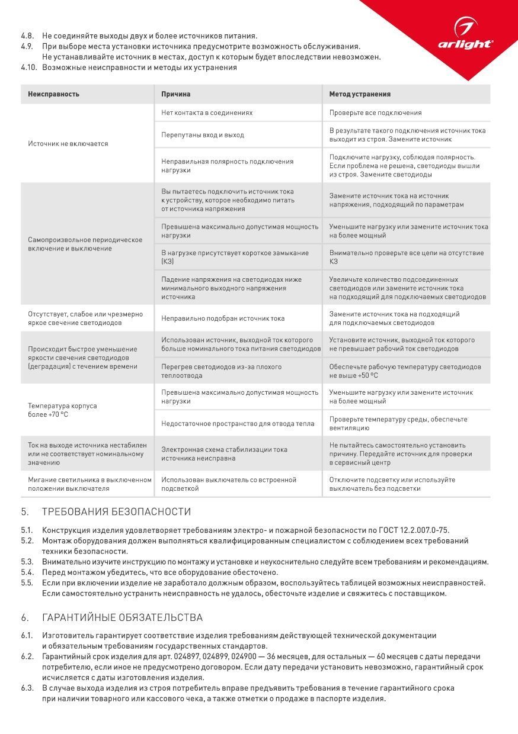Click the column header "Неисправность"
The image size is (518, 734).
click(x=53, y=94)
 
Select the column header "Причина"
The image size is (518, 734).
click(x=175, y=94)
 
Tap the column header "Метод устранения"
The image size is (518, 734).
click(x=360, y=94)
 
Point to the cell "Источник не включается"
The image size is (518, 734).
click(x=68, y=144)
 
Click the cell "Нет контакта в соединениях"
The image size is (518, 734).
click(x=207, y=112)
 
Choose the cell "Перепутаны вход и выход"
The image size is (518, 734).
click(x=203, y=135)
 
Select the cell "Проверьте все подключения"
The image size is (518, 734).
click(x=376, y=112)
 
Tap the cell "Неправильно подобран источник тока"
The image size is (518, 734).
click(x=223, y=318)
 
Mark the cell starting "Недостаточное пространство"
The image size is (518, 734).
click(x=238, y=424)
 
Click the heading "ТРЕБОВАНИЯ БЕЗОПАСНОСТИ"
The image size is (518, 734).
click(x=116, y=511)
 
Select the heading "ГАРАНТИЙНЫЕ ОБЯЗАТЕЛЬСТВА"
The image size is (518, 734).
click(x=122, y=617)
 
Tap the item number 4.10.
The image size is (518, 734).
click(x=29, y=67)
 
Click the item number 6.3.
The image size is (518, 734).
click(x=27, y=688)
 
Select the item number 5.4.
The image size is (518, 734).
click(x=27, y=572)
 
